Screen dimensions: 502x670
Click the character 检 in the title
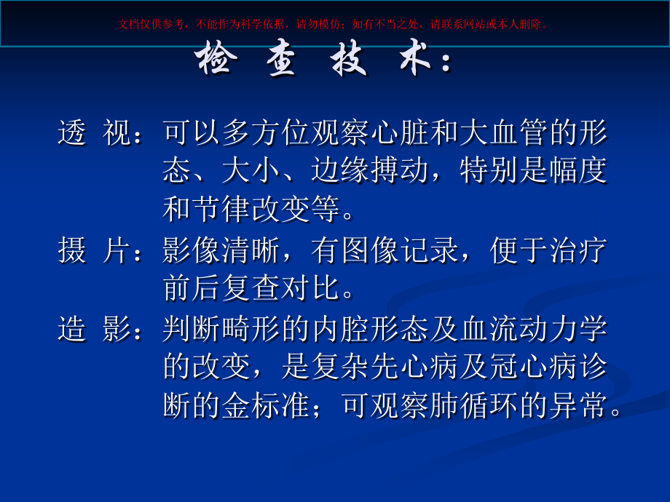point(215,62)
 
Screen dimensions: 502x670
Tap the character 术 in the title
point(416,62)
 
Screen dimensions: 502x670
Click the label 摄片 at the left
point(95,251)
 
